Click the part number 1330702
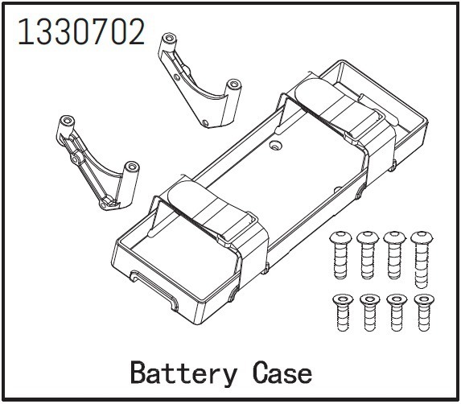pos(81,31)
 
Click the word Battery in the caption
pos(183,373)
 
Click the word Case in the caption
pos(282,373)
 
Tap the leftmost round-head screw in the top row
pos(340,254)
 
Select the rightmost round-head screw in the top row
pos(422,259)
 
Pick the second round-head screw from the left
pos(368,255)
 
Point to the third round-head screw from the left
pos(394,255)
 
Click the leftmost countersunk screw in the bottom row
pos(342,312)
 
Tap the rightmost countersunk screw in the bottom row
pos(423,312)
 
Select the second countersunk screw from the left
pos(369,312)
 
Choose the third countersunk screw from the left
pos(397,312)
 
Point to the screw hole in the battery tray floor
pos(275,145)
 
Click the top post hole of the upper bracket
pos(169,38)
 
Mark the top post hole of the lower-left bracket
pos(67,121)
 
